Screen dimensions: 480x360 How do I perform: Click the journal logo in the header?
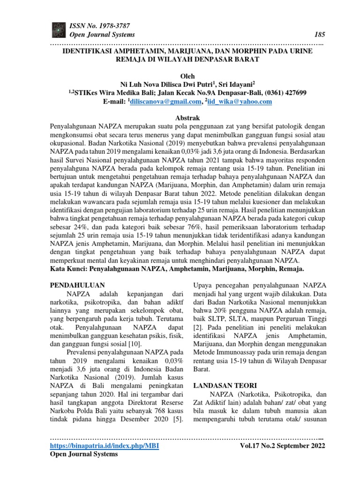coord(59,30)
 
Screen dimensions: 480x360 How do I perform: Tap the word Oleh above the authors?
coord(187,76)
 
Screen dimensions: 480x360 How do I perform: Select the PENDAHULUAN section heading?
coord(77,285)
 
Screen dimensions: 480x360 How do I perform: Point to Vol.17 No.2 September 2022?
coord(282,445)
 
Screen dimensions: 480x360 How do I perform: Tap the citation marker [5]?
coord(178,418)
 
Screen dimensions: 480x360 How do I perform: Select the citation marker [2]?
coord(198,326)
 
